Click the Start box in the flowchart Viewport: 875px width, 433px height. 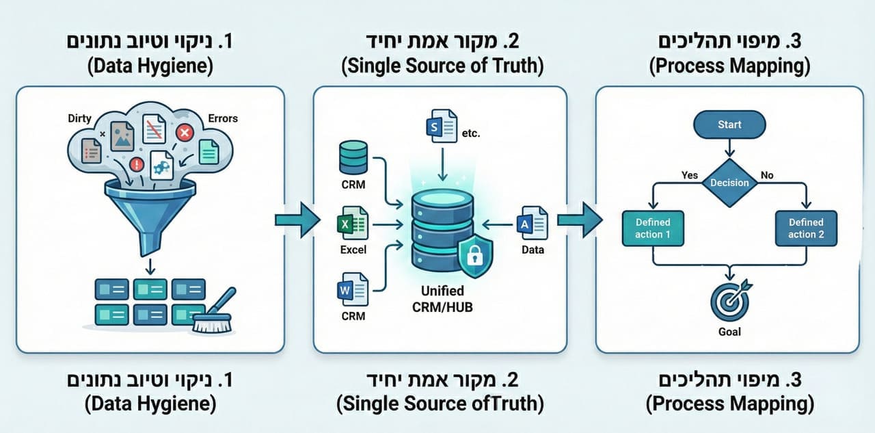[x=729, y=125]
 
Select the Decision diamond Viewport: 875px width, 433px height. [x=729, y=183]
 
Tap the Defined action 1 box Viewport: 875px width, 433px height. [x=653, y=228]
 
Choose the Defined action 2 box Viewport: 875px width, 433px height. [x=806, y=228]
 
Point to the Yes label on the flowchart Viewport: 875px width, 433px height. [x=690, y=175]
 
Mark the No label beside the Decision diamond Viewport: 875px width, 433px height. [x=767, y=175]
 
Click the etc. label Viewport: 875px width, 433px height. [x=471, y=133]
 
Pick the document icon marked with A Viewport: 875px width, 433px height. [x=532, y=224]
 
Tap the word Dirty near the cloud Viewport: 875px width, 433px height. [x=79, y=118]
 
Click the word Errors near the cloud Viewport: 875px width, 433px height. [x=223, y=118]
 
